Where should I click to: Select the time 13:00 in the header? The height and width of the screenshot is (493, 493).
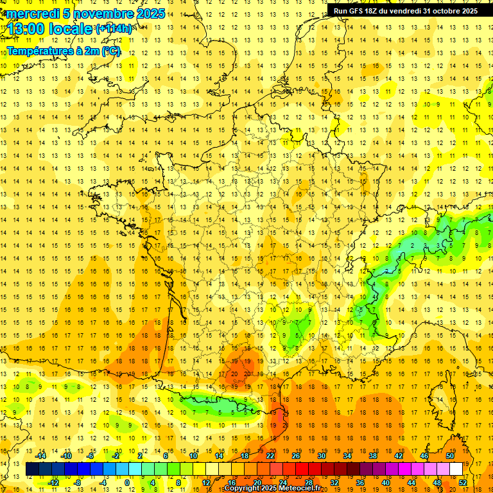(x=27, y=28)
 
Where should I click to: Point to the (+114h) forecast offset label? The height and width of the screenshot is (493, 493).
(x=114, y=28)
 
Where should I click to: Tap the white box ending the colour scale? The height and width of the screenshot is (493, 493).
(x=456, y=469)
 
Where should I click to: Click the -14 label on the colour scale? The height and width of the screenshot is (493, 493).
(x=40, y=456)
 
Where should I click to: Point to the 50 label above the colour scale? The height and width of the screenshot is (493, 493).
(x=449, y=456)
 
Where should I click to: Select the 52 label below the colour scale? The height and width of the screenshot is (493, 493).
(x=463, y=483)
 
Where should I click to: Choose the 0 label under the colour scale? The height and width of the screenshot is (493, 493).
(x=127, y=483)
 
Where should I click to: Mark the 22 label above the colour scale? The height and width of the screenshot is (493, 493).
(x=270, y=456)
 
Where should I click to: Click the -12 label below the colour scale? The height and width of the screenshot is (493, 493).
(x=53, y=483)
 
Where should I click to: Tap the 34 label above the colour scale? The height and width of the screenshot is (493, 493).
(x=347, y=456)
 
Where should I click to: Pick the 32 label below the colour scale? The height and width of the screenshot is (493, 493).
(x=334, y=483)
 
